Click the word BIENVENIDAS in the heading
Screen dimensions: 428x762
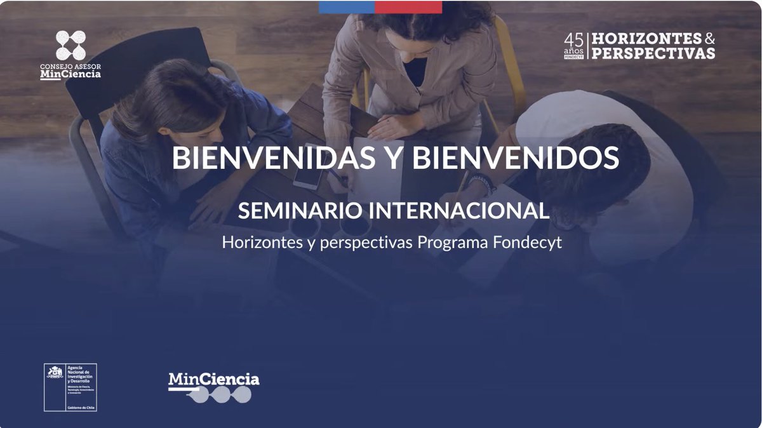(x=273, y=158)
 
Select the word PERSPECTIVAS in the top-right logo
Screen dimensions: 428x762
(x=653, y=54)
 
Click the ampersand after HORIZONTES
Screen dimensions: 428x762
(x=710, y=39)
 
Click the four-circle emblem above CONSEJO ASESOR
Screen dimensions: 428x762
(x=70, y=45)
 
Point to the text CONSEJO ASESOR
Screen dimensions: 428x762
(x=70, y=67)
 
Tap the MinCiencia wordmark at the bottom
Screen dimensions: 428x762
(x=213, y=380)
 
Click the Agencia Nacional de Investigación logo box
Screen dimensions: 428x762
(x=70, y=387)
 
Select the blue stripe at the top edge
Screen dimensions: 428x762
(x=346, y=7)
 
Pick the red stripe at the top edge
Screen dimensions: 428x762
(x=408, y=7)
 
